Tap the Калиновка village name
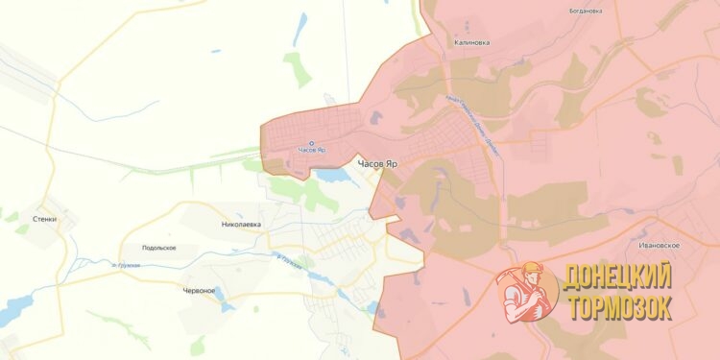click(472, 42)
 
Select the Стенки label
click(44, 219)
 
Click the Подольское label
click(158, 248)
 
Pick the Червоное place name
click(200, 290)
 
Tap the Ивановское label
click(660, 246)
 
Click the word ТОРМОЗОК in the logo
click(618, 307)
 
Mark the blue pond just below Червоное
click(227, 306)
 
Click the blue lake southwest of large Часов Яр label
click(331, 176)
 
